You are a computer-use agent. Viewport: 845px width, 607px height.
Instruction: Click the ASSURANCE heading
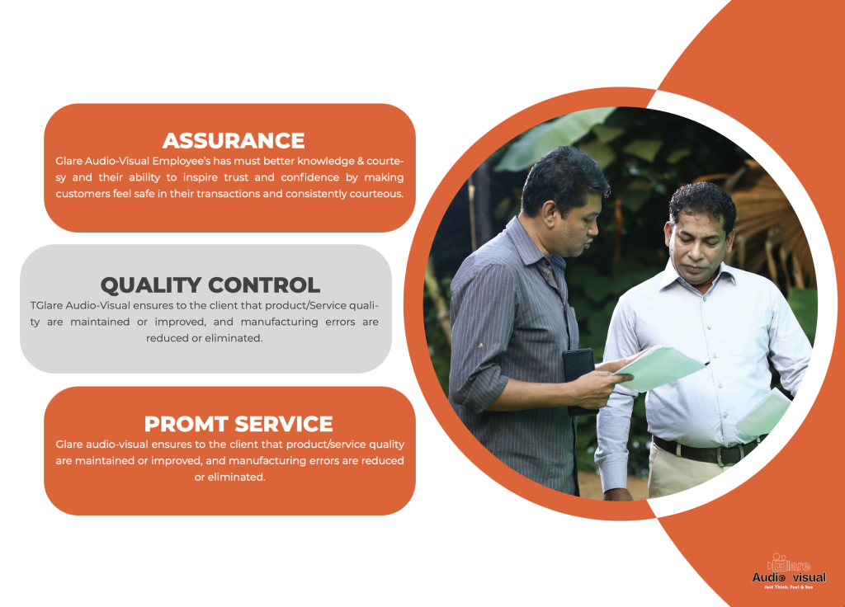pyautogui.click(x=234, y=140)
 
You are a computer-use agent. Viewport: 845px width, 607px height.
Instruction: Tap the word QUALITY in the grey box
pyautogui.click(x=151, y=285)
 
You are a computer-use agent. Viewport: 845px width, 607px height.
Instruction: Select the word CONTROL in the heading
pyautogui.click(x=264, y=285)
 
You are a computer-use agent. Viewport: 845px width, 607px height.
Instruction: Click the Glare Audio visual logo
pyautogui.click(x=789, y=571)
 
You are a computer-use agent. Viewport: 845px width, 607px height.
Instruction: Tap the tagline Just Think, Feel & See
pyautogui.click(x=788, y=587)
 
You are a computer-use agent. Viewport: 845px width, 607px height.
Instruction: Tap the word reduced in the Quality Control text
pyautogui.click(x=168, y=337)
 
